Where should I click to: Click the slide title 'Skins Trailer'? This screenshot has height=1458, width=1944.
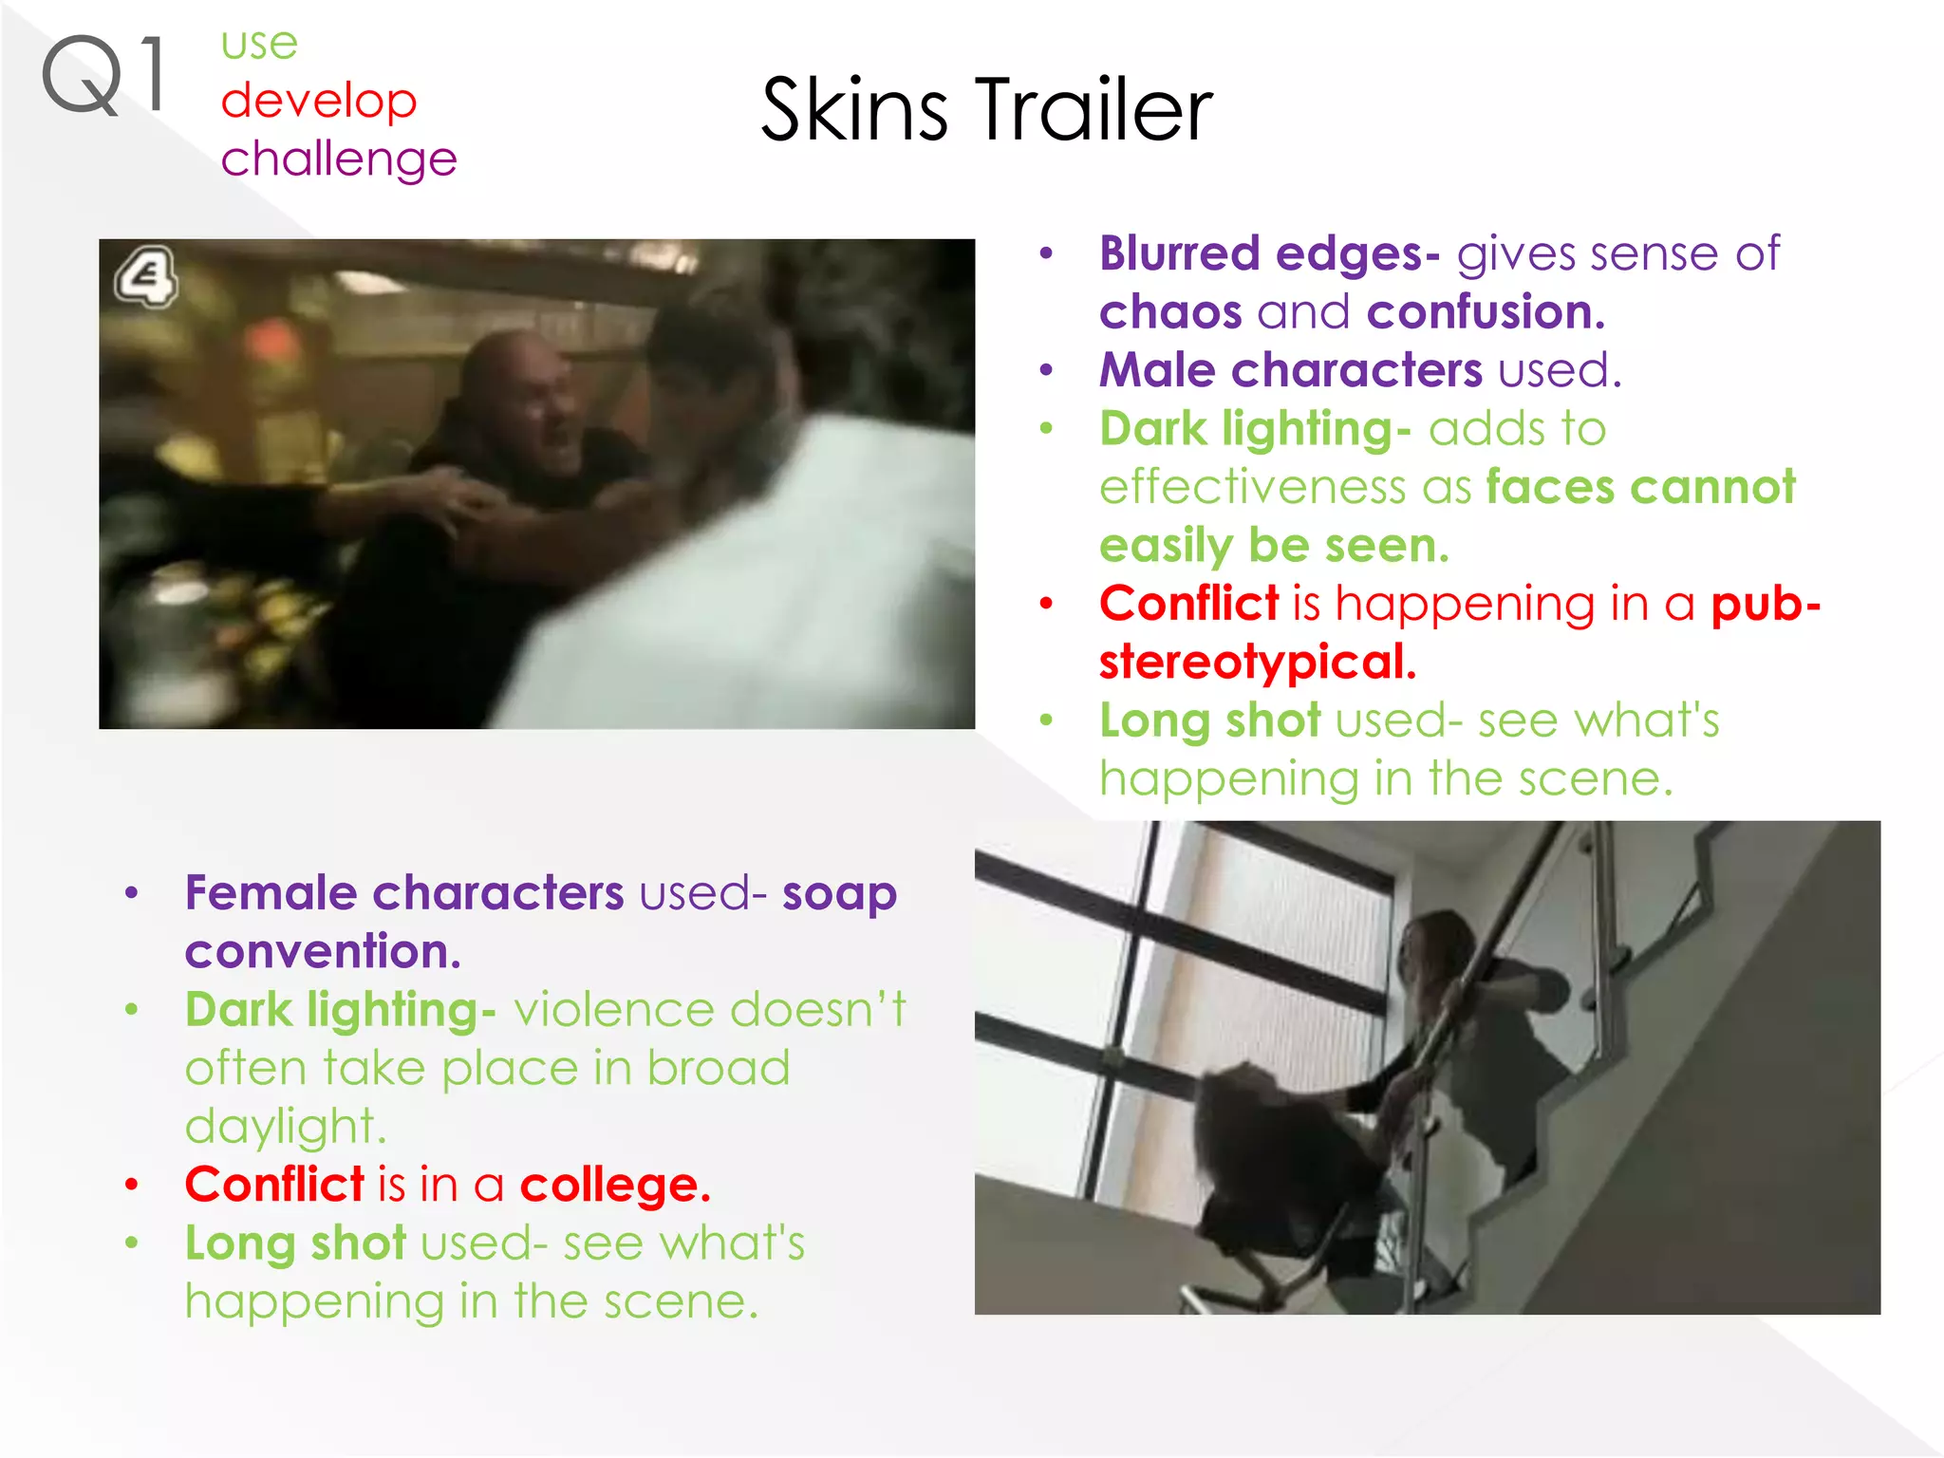pyautogui.click(x=986, y=110)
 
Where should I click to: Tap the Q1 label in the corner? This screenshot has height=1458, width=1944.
pyautogui.click(x=104, y=76)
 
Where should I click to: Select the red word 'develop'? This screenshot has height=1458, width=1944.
pyautogui.click(x=319, y=101)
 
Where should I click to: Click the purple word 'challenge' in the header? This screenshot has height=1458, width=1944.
pyautogui.click(x=339, y=159)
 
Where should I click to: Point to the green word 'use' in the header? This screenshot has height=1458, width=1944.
pyautogui.click(x=259, y=44)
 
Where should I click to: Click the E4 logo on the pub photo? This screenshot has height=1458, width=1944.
pyautogui.click(x=146, y=277)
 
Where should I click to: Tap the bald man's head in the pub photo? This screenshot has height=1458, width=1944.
pyautogui.click(x=517, y=380)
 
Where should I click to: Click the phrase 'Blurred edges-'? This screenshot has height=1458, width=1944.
pyautogui.click(x=1269, y=254)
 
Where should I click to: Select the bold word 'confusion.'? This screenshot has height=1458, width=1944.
pyautogui.click(x=1486, y=312)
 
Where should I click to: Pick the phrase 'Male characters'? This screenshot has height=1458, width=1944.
pyautogui.click(x=1290, y=370)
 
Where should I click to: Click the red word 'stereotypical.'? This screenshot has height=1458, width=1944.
pyautogui.click(x=1258, y=662)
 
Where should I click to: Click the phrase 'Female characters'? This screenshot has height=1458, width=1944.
pyautogui.click(x=404, y=893)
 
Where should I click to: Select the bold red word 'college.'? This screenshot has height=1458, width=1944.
pyautogui.click(x=615, y=1185)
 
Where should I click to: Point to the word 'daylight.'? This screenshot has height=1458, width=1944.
pyautogui.click(x=286, y=1127)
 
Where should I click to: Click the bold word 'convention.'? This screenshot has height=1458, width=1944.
pyautogui.click(x=323, y=951)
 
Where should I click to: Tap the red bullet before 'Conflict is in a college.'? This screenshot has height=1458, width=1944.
pyautogui.click(x=132, y=1185)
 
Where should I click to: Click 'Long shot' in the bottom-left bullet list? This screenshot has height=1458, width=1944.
pyautogui.click(x=295, y=1243)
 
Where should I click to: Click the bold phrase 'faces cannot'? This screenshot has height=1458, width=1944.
pyautogui.click(x=1640, y=487)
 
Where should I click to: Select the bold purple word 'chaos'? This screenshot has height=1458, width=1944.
pyautogui.click(x=1169, y=312)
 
